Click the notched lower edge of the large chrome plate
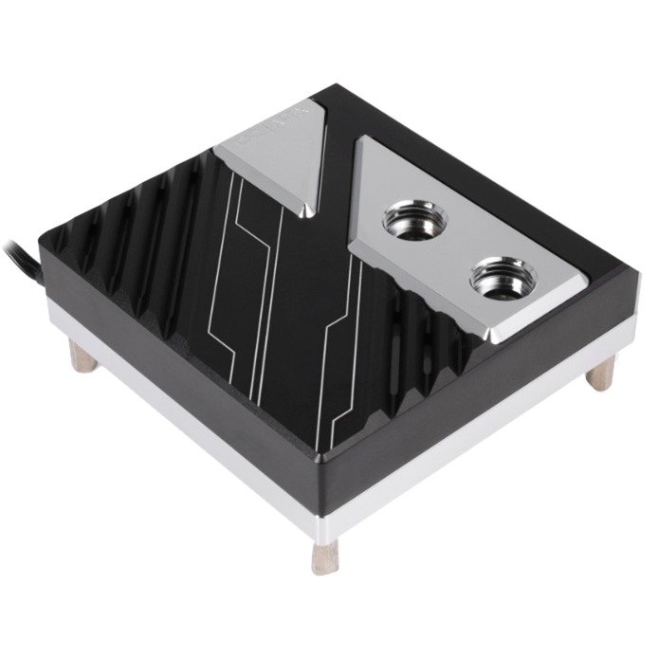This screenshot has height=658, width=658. pos(436,303)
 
